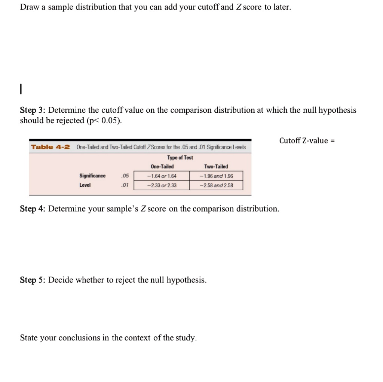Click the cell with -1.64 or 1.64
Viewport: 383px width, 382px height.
pyautogui.click(x=162, y=176)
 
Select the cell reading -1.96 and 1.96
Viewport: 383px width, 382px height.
pyautogui.click(x=216, y=176)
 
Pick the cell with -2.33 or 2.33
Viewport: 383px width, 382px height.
pyautogui.click(x=162, y=185)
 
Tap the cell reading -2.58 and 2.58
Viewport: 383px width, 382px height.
pyautogui.click(x=216, y=185)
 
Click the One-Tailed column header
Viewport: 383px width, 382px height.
pyautogui.click(x=162, y=167)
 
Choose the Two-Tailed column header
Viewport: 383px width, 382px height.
pyautogui.click(x=216, y=167)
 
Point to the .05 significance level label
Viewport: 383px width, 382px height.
pyautogui.click(x=125, y=176)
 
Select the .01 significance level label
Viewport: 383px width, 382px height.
pyautogui.click(x=125, y=185)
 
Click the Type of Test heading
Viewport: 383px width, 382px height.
pyautogui.click(x=180, y=158)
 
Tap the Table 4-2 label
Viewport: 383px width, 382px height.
pyautogui.click(x=50, y=147)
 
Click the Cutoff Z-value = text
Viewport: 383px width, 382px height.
pyautogui.click(x=306, y=141)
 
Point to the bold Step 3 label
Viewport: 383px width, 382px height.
pyautogui.click(x=33, y=110)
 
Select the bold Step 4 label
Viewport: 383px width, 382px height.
pyautogui.click(x=33, y=209)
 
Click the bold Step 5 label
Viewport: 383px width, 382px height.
pyautogui.click(x=33, y=280)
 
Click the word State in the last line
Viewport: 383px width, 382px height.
pyautogui.click(x=29, y=338)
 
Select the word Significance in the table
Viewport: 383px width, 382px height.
pyautogui.click(x=92, y=176)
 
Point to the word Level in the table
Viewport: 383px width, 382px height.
pyautogui.click(x=85, y=185)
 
